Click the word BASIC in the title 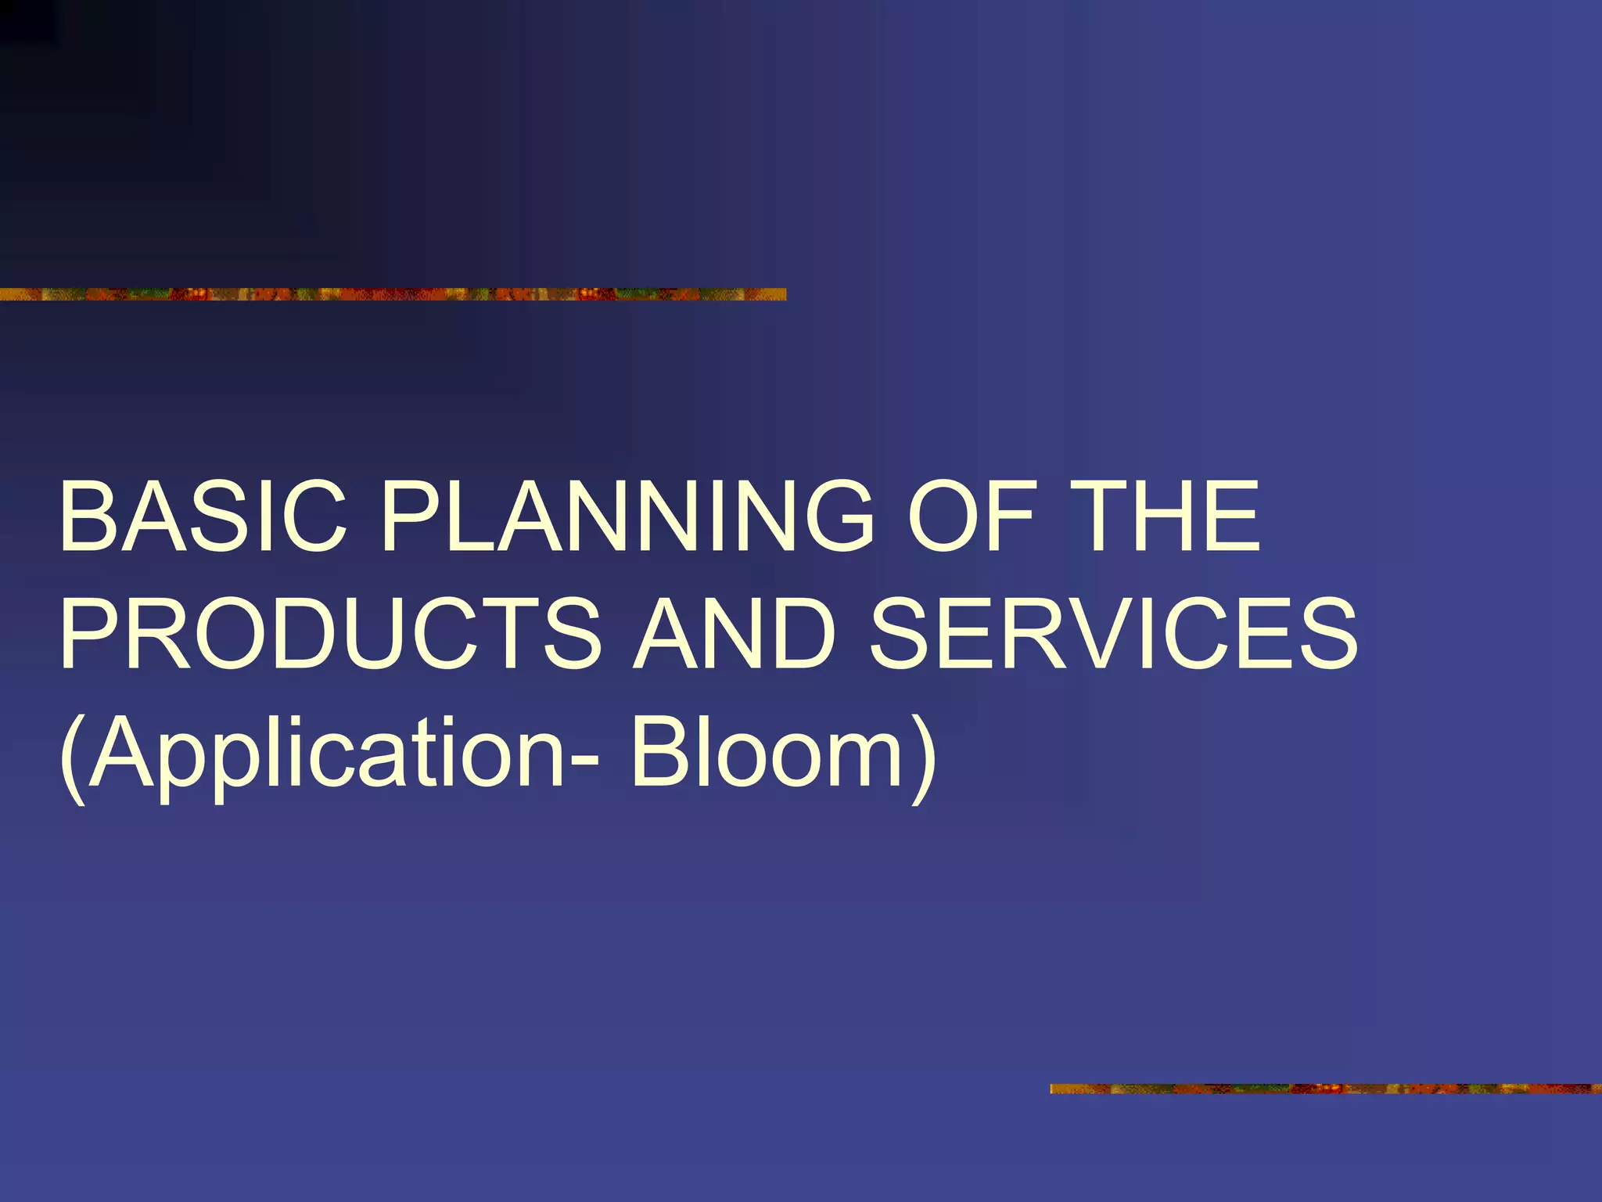coord(203,516)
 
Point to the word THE coord(1165,516)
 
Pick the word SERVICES coord(1114,634)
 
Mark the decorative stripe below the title coord(1325,1089)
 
